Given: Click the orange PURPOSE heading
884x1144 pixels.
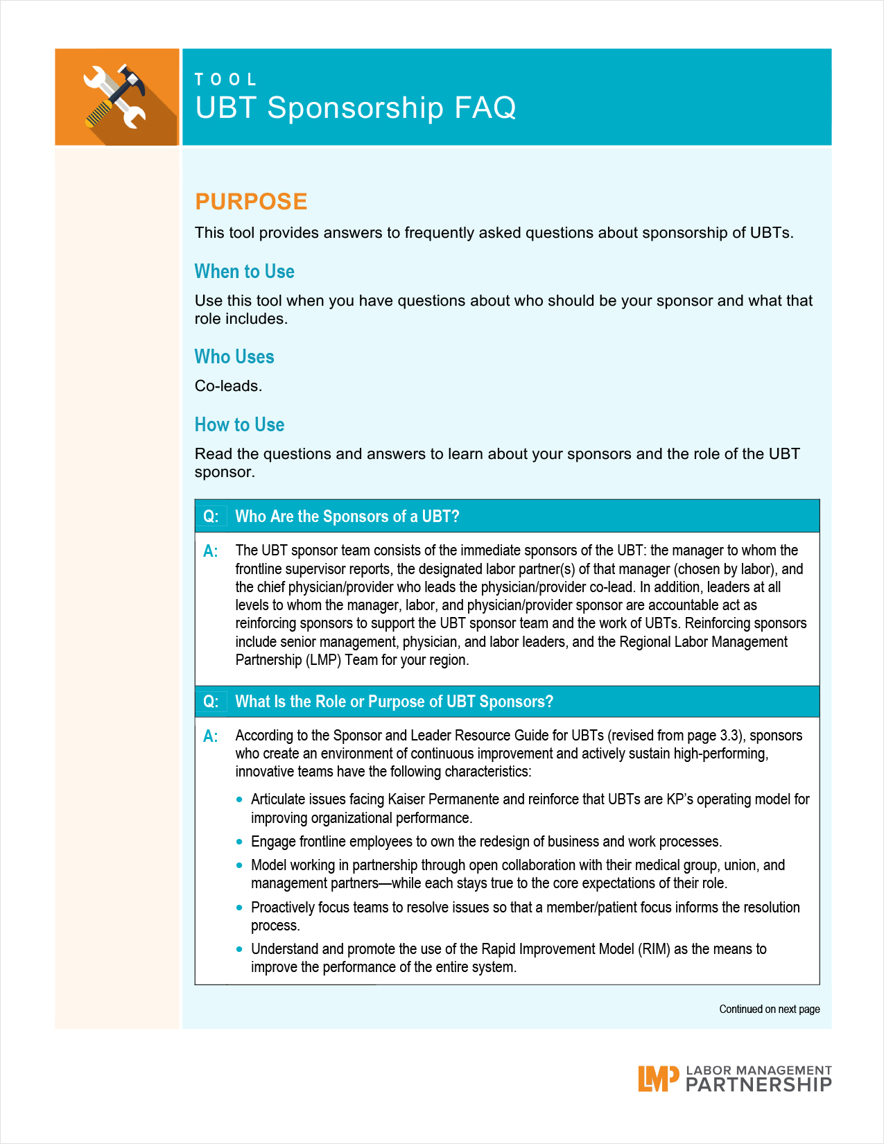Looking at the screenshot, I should click(251, 201).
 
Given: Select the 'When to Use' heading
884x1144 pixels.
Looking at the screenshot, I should click(244, 271).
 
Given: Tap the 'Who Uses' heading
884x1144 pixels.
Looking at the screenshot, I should click(234, 356).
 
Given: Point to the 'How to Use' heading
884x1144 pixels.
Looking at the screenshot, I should click(239, 424).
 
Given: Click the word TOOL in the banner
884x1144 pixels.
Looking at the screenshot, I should click(225, 80).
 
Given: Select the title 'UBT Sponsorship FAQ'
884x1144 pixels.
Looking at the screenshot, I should click(355, 108).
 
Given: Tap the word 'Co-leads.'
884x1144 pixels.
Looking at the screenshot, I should click(228, 386).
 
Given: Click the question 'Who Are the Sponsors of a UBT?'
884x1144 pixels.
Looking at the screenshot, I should click(347, 517).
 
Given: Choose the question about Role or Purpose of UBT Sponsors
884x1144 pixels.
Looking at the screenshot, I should click(394, 702).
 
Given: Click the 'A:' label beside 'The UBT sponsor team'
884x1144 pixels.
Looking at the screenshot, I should click(210, 551).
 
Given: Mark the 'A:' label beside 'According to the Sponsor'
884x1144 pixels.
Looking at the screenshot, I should click(210, 736).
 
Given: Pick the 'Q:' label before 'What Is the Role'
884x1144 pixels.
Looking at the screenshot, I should click(211, 702).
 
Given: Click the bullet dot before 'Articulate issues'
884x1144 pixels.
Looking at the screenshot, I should click(240, 799).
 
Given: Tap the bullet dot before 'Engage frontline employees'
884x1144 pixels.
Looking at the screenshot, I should click(240, 842).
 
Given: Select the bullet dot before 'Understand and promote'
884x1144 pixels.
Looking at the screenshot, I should click(240, 949).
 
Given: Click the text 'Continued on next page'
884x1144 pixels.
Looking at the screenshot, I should click(769, 1009).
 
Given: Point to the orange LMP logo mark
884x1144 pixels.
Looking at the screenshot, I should click(657, 1079).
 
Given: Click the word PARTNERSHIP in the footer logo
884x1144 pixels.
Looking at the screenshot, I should click(759, 1085).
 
